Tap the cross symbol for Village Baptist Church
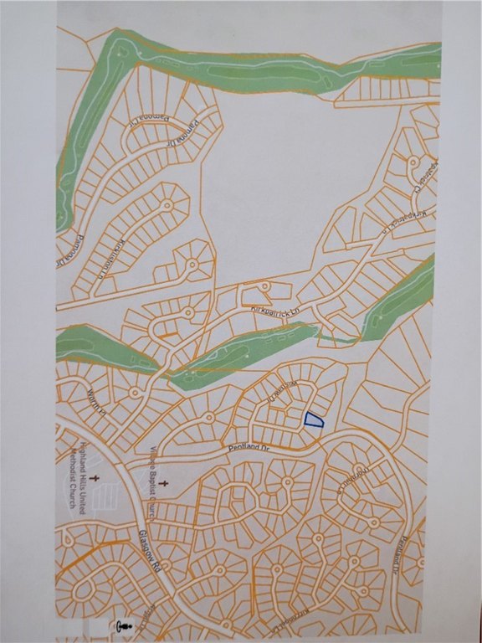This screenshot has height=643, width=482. (x=164, y=483)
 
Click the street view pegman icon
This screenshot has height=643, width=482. (x=126, y=625)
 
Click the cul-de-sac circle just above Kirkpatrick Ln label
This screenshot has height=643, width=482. (x=266, y=286)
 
